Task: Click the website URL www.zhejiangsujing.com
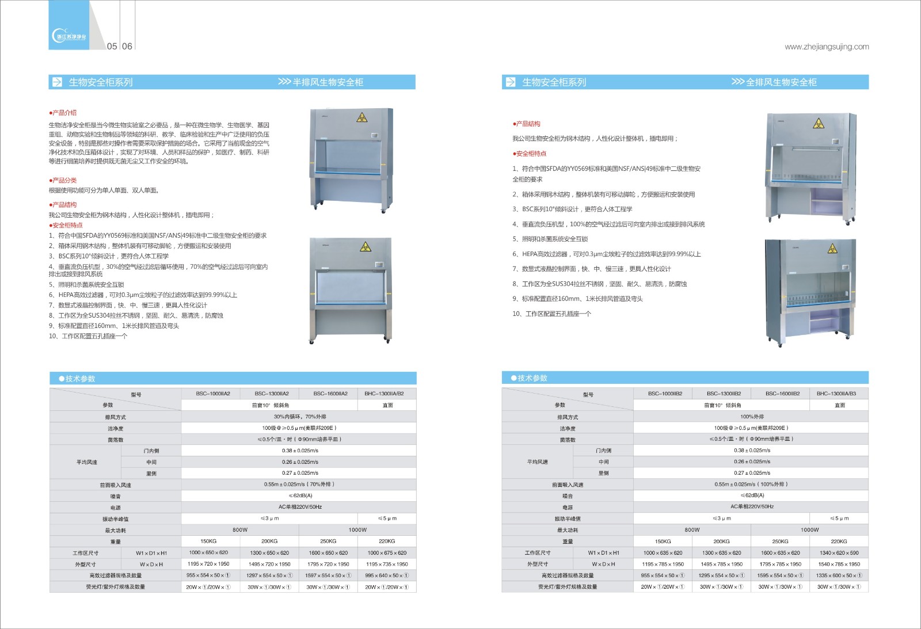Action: tap(827, 47)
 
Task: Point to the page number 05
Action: tap(112, 46)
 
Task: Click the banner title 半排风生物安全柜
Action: tap(328, 82)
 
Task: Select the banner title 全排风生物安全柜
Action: tap(781, 82)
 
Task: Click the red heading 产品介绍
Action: tap(64, 113)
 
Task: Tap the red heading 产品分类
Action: tap(64, 181)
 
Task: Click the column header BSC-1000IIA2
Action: tap(212, 394)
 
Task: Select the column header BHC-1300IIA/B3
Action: tap(839, 394)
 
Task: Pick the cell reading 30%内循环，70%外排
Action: tap(299, 417)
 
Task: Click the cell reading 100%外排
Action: tap(752, 417)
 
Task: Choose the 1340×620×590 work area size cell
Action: tap(839, 553)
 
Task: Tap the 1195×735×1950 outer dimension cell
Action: tap(386, 565)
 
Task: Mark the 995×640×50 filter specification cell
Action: tap(386, 575)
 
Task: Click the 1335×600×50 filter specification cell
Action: tap(839, 575)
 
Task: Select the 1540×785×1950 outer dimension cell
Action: tap(839, 565)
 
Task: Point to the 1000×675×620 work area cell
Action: tap(386, 553)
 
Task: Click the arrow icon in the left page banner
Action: tap(58, 82)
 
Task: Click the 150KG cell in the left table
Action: tap(208, 542)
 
